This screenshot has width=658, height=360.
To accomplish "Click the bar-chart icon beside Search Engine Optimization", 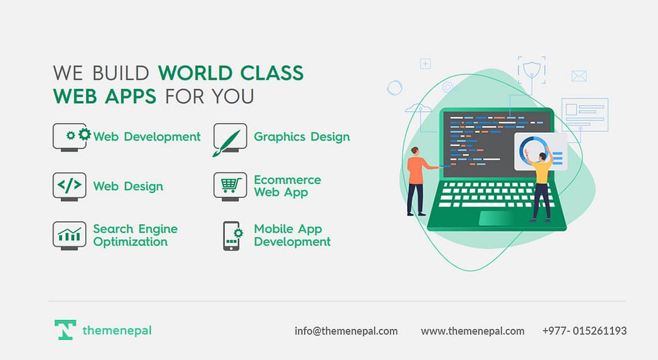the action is point(69,236).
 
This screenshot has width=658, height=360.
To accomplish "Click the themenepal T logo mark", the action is point(65,330).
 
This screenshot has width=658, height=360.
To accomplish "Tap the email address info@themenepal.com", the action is point(346,331).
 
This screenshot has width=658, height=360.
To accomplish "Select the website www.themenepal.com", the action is point(473,331).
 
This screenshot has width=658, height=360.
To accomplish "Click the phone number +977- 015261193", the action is point(584,331).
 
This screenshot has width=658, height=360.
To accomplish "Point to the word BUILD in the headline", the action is point(121,73).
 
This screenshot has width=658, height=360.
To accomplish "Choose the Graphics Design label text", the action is point(302,137).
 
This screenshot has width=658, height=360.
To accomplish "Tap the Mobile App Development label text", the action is point(292,235).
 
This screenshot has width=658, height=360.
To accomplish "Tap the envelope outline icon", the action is point(579,76).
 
